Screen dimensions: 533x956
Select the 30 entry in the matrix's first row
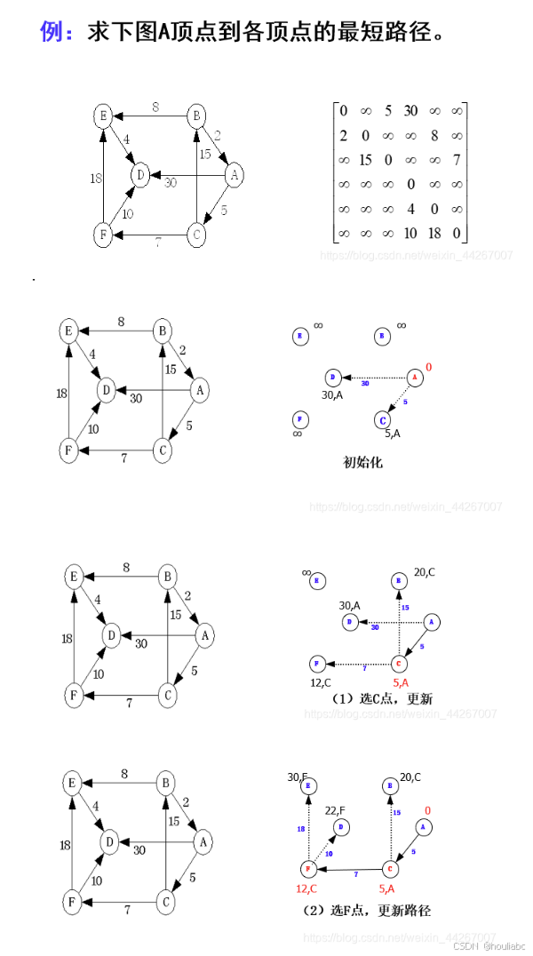(410, 111)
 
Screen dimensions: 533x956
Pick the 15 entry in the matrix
(364, 161)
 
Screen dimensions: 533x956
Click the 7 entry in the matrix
(456, 161)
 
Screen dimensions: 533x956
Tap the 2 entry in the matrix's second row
(343, 136)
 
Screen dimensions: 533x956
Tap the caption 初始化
(362, 463)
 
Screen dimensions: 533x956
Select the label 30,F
(298, 777)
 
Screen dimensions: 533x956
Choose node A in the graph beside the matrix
(234, 176)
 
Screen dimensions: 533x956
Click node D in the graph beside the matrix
(139, 175)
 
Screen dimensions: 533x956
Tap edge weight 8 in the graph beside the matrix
(155, 108)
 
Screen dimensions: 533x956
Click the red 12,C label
(308, 888)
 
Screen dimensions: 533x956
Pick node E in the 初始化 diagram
(299, 336)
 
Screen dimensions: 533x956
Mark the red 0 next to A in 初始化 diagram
(428, 367)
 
